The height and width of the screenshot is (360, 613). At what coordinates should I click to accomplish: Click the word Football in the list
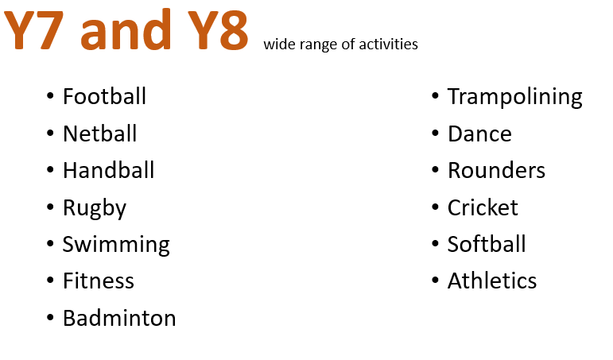point(104,96)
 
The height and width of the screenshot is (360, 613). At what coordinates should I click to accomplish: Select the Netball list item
point(99,134)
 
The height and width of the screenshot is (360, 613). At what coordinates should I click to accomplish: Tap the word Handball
point(109,170)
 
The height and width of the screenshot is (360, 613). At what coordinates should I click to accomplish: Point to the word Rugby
point(95,208)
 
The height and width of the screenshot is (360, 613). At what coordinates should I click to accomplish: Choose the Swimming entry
point(116,245)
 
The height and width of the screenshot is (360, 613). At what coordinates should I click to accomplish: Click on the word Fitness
point(99,281)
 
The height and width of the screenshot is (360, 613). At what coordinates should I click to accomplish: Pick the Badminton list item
point(119,317)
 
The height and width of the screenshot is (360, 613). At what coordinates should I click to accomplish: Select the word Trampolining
point(515,97)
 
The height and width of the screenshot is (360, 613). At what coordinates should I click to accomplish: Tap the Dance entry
point(479,134)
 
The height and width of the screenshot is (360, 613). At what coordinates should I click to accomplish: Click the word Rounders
point(496,170)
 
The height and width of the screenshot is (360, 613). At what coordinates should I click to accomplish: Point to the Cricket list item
point(483,207)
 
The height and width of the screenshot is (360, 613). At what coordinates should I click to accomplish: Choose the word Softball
point(487,244)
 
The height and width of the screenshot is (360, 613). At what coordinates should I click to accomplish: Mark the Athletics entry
point(492,281)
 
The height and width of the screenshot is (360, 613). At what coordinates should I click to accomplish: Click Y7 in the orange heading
point(33,30)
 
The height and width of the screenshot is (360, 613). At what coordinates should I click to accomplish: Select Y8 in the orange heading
point(218,30)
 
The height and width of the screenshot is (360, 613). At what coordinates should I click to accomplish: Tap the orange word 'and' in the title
point(126,29)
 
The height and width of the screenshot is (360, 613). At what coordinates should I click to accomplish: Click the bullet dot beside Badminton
point(50,317)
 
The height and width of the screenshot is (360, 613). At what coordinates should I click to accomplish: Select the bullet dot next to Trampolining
point(435,96)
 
